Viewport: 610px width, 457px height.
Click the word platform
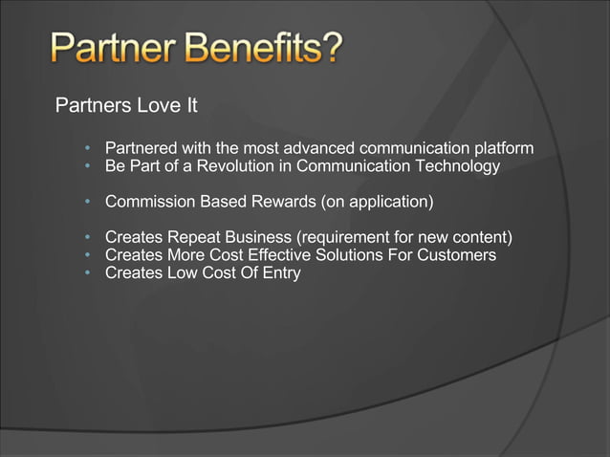(503, 148)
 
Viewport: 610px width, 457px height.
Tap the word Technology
(452, 166)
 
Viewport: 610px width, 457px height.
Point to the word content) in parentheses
(483, 238)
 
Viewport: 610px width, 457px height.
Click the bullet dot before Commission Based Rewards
(87, 203)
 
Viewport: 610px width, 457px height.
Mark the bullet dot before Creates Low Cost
(87, 273)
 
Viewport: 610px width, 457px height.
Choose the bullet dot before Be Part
(87, 166)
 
